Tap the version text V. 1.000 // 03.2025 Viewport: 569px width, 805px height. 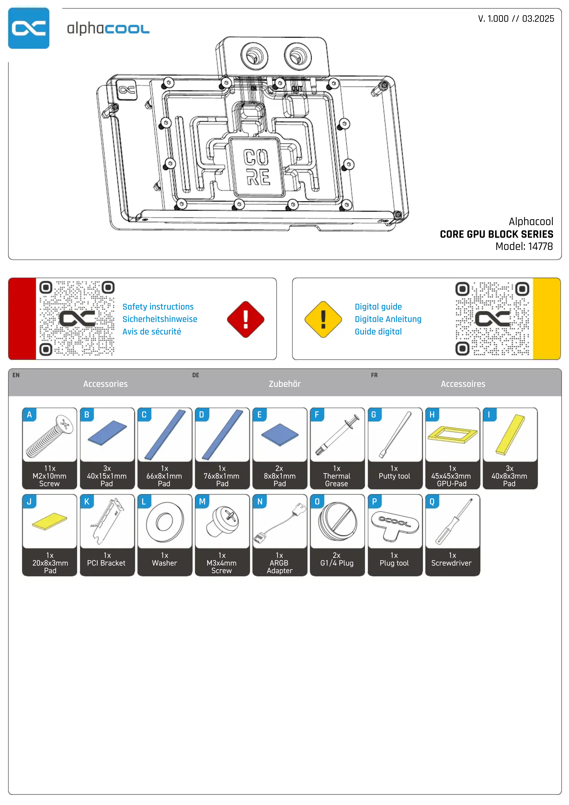(x=516, y=19)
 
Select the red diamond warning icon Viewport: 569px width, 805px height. (x=246, y=319)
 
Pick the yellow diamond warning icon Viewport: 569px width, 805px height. (x=323, y=319)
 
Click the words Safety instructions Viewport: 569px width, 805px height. (x=158, y=307)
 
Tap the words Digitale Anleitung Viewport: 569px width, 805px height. (x=388, y=319)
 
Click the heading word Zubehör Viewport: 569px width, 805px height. (x=284, y=384)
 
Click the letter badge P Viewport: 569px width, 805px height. (x=374, y=501)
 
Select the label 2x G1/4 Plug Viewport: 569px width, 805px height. (x=337, y=560)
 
